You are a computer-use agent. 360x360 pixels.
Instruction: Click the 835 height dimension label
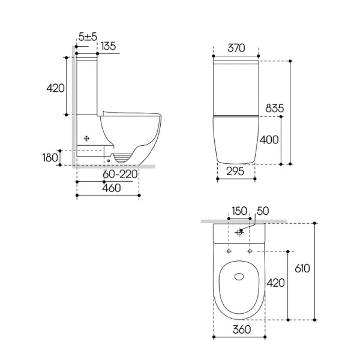pos(275,108)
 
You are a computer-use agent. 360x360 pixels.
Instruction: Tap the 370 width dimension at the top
pos(236,48)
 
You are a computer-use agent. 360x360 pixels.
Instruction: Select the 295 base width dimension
pos(235,171)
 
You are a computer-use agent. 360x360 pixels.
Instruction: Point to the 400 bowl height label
pos(269,140)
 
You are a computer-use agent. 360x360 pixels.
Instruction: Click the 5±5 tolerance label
pos(88,37)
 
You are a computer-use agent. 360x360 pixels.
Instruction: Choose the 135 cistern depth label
pos(108,46)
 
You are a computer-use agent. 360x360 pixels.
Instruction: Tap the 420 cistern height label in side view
pos(55,88)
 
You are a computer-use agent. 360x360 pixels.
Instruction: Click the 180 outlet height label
pos(50,158)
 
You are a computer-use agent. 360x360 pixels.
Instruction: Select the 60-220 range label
pos(120,174)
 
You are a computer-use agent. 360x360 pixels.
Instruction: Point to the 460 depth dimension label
pos(112,188)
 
